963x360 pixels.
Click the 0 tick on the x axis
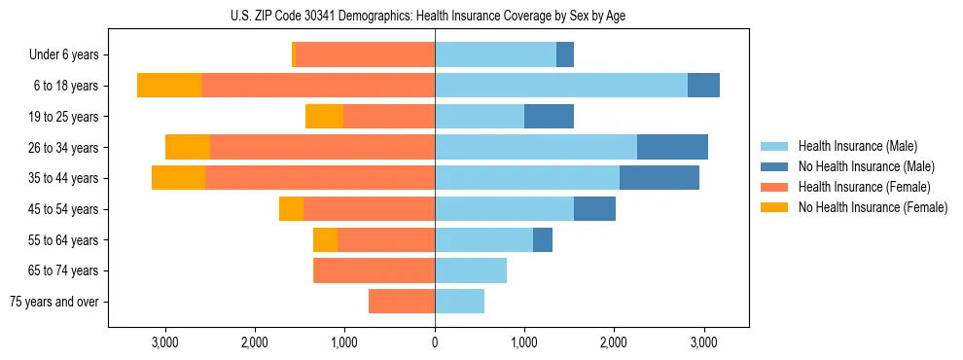[x=435, y=342]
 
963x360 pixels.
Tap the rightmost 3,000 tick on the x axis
[x=704, y=342]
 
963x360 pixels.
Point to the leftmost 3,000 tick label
[x=165, y=342]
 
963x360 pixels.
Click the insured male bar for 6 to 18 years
[x=561, y=86]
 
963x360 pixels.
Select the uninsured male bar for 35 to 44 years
[x=660, y=178]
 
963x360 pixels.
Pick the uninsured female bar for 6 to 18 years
[x=169, y=86]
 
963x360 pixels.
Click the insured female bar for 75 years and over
[x=402, y=302]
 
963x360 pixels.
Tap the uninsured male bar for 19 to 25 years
[x=549, y=117]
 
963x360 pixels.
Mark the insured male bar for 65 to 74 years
[x=471, y=270]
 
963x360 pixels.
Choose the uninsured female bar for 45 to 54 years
[x=291, y=209]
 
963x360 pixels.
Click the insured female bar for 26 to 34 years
[x=322, y=148]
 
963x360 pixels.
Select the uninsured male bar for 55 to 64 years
[x=543, y=240]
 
